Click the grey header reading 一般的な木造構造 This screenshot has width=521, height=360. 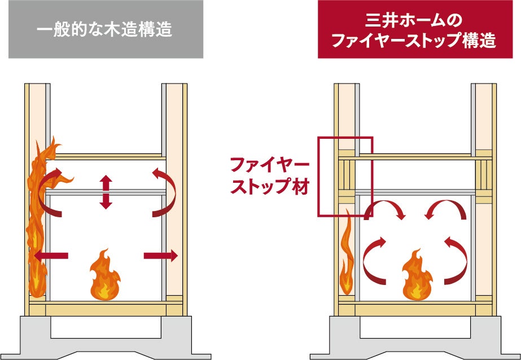pyautogui.click(x=106, y=29)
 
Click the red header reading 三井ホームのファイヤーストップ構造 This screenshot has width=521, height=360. pyautogui.click(x=413, y=29)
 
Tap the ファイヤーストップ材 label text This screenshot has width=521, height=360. pyautogui.click(x=269, y=177)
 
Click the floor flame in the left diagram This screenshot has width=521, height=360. pyautogui.click(x=106, y=277)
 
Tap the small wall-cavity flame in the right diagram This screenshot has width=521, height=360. pyautogui.click(x=347, y=254)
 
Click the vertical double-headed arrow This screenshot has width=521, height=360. pyautogui.click(x=106, y=192)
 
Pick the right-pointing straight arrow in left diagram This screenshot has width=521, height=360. pyautogui.click(x=161, y=256)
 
